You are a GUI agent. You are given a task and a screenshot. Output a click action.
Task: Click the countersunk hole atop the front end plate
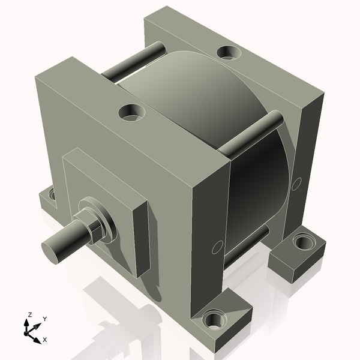[x=131, y=112]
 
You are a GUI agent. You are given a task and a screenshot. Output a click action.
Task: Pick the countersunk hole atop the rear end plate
[x=227, y=52]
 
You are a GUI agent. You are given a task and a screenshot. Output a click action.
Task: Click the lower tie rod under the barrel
[x=246, y=246]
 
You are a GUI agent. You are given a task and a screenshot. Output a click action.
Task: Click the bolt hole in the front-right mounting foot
[x=213, y=319]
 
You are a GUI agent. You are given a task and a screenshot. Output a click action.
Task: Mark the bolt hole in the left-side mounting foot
[x=52, y=194]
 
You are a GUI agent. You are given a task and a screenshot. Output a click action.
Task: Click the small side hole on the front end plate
[x=218, y=247]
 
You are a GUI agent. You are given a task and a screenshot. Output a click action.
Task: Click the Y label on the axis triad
[x=44, y=319]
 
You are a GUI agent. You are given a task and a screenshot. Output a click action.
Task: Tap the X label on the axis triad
[x=44, y=340]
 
